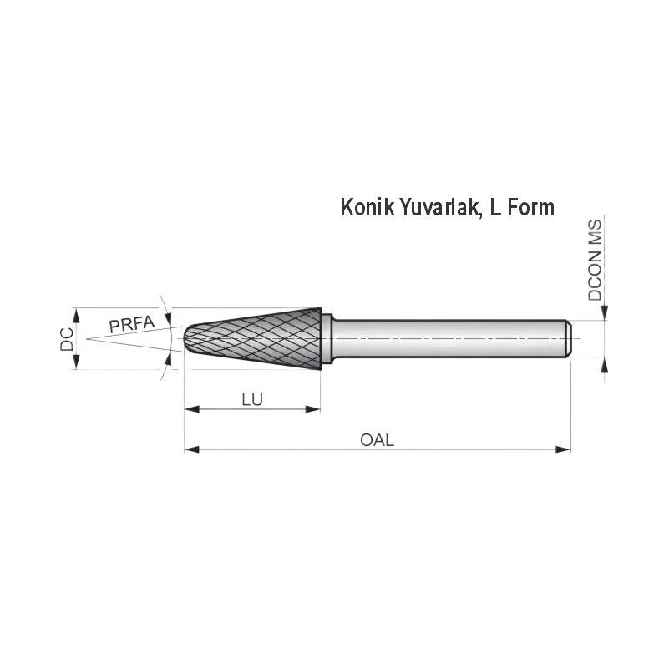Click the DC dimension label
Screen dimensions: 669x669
pos(67,339)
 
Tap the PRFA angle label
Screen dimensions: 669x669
pos(132,324)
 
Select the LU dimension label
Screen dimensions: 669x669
pos(252,400)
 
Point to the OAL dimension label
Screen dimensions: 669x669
pos(378,440)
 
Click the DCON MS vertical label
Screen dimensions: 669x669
pos(595,261)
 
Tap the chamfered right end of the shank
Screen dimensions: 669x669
pos(569,338)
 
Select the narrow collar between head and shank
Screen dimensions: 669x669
pos(327,339)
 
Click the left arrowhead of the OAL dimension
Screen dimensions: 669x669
pos(192,449)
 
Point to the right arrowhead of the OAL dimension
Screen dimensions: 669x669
pos(563,449)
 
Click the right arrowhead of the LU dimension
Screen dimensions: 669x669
pos(312,409)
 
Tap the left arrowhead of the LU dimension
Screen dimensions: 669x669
pos(192,409)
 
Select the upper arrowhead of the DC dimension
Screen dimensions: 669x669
pos(76,316)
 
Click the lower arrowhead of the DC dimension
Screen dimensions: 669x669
pos(76,362)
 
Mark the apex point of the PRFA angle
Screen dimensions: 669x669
pos(87,339)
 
